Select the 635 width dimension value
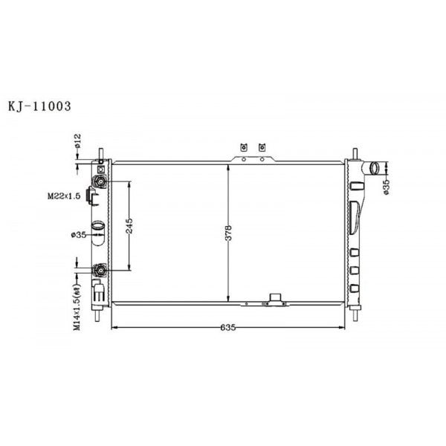click(228, 328)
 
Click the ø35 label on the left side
click(79, 235)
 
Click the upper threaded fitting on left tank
click(99, 181)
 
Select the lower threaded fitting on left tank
click(99, 271)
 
